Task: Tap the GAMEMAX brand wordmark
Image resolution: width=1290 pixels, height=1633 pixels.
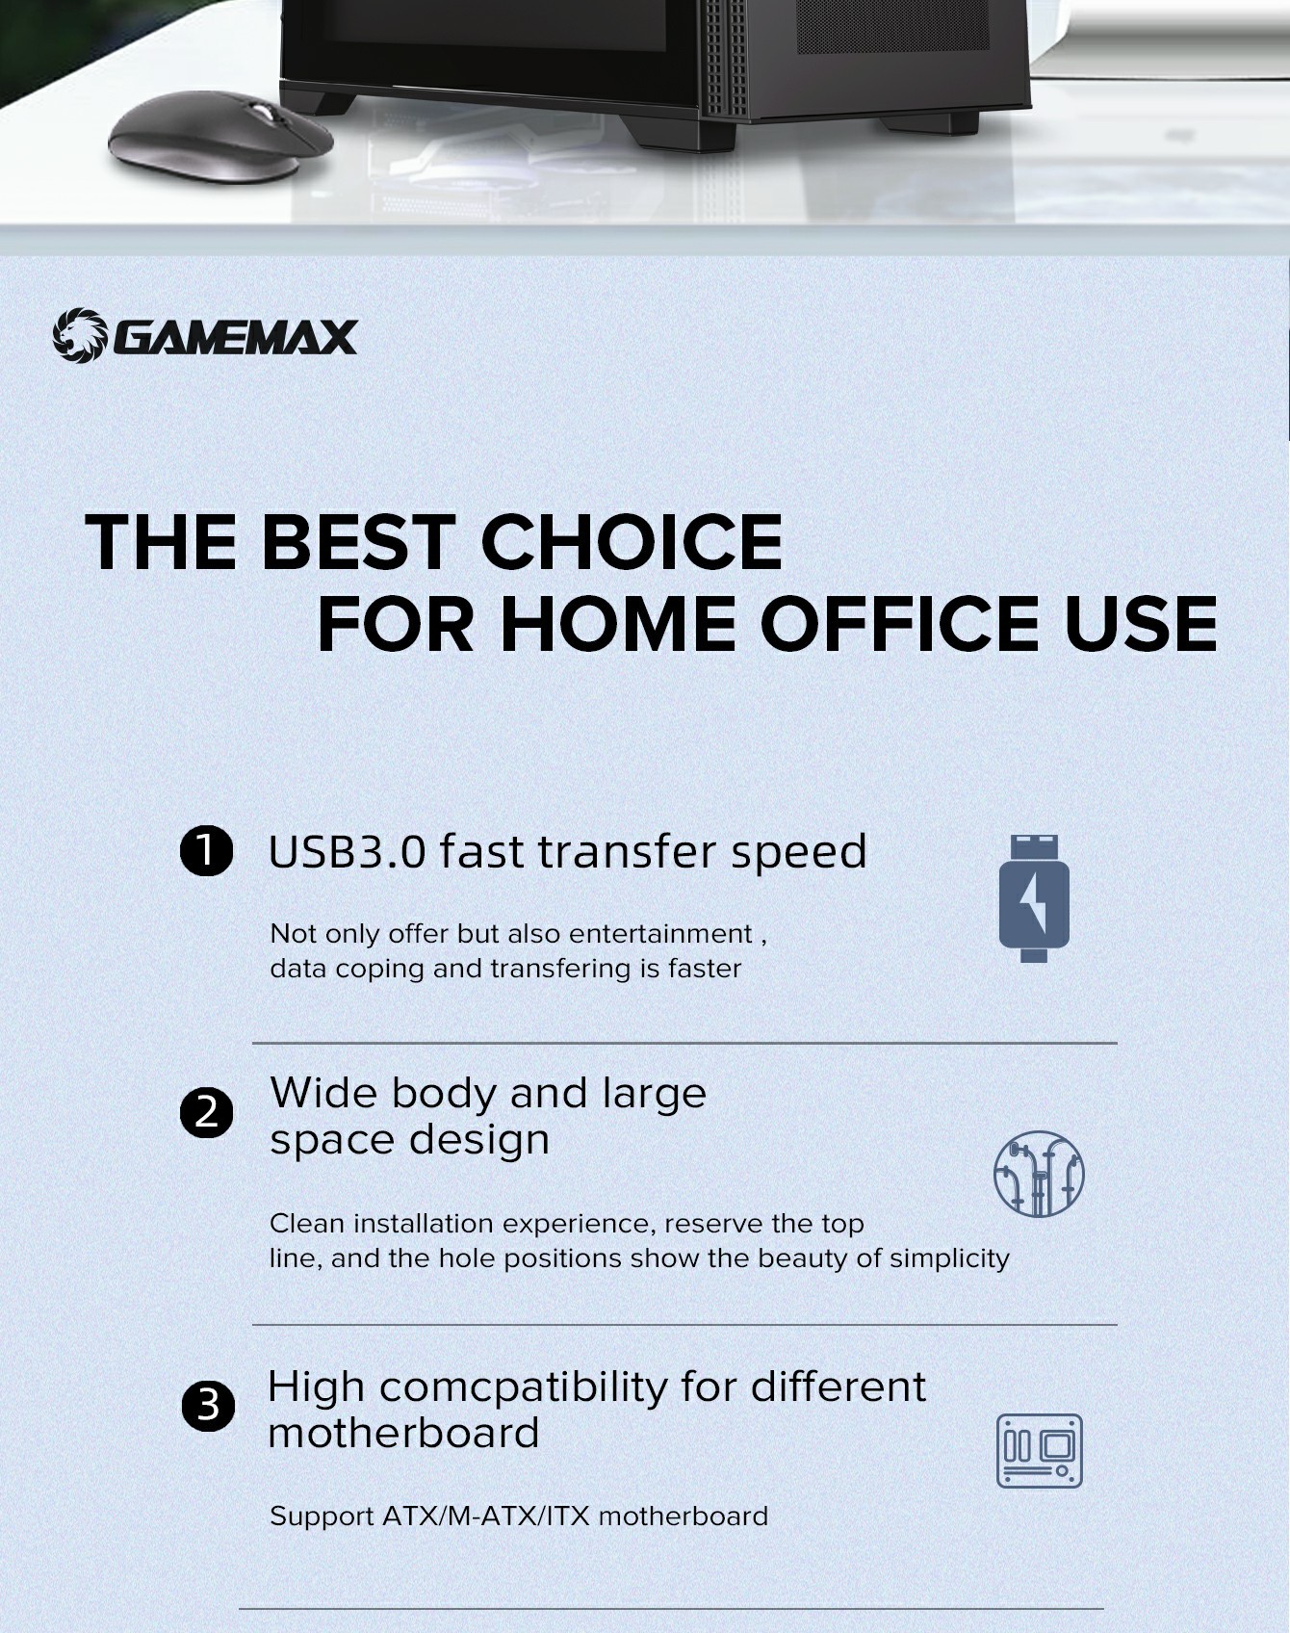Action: tap(235, 338)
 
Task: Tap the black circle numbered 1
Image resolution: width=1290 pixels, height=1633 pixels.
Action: tap(207, 851)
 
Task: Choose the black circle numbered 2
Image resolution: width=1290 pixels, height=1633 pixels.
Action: tap(207, 1113)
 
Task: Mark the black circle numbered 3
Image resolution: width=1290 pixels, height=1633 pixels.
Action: tap(208, 1406)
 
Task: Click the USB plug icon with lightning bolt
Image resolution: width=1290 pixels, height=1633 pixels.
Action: tap(1034, 898)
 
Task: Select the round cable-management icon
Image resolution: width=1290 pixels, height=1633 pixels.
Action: tap(1039, 1174)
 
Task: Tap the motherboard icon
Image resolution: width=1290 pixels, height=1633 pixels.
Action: tap(1040, 1450)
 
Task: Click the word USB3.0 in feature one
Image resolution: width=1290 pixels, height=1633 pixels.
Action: tap(347, 852)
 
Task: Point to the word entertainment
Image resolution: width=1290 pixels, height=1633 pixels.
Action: tap(660, 934)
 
